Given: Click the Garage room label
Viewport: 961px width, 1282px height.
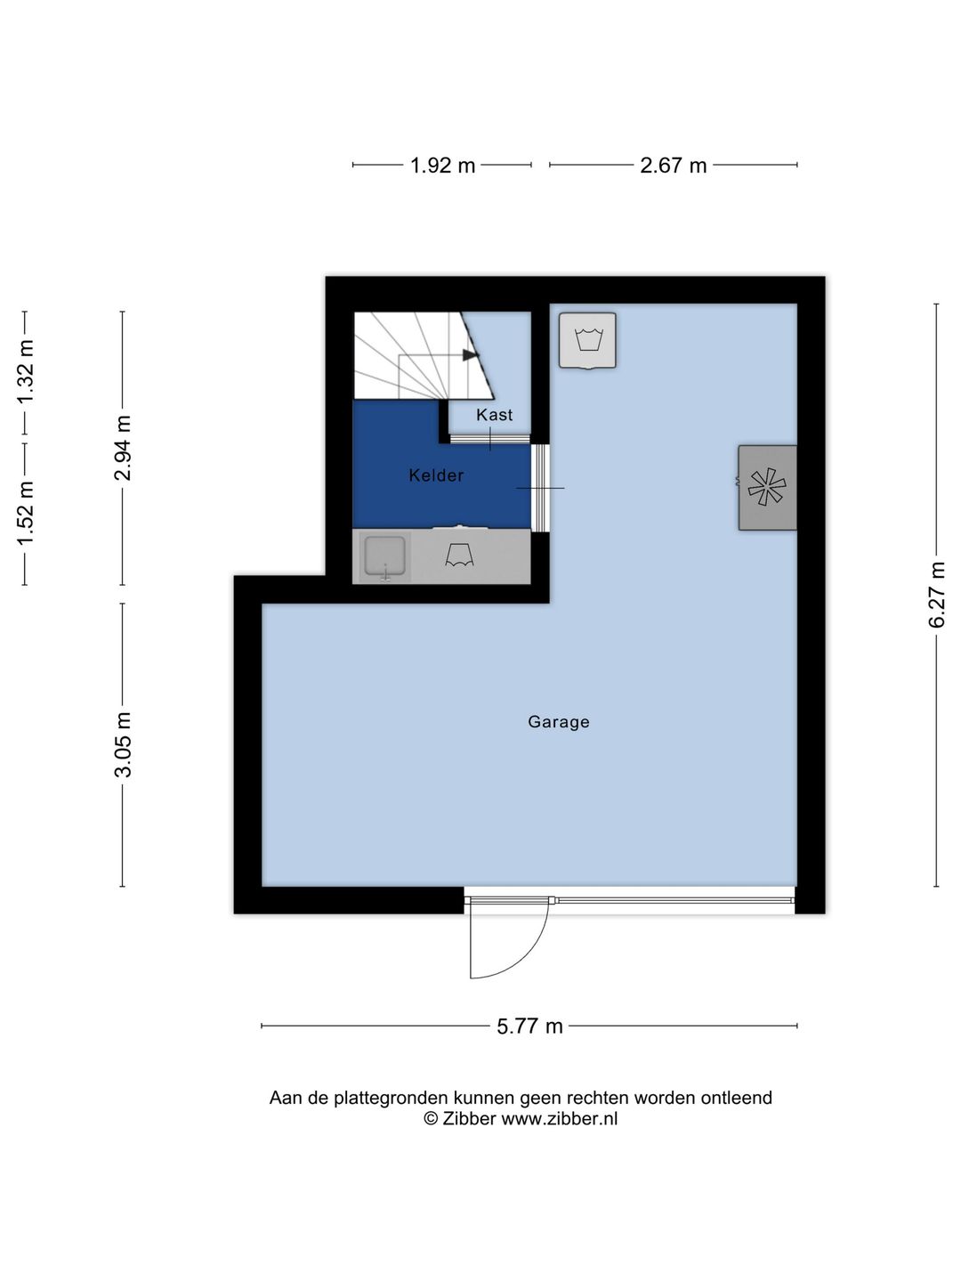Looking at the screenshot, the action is tap(559, 723).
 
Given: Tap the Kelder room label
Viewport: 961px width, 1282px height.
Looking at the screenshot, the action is tap(436, 475).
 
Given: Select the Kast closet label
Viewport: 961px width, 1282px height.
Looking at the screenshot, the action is tap(494, 415).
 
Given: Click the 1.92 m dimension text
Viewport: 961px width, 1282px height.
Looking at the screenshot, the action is tap(442, 166).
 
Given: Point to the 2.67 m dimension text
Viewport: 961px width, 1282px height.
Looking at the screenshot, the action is tap(673, 166).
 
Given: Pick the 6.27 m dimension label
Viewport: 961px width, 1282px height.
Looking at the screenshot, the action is tap(936, 595).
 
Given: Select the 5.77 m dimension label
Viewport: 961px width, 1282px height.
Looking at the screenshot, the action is tap(529, 1026).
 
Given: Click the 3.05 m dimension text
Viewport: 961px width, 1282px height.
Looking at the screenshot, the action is tap(123, 744).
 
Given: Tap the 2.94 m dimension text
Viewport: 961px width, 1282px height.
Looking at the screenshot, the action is tap(123, 448).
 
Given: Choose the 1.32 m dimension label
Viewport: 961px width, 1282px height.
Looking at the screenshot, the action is tap(26, 371).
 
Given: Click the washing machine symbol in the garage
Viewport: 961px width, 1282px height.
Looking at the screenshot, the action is tap(587, 340).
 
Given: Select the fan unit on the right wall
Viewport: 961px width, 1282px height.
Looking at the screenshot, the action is tap(767, 487).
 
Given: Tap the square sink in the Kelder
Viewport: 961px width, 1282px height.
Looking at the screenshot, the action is tap(384, 556).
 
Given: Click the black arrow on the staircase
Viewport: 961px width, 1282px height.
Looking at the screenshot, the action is tap(470, 354).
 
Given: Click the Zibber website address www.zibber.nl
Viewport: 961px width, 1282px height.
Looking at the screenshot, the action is tap(559, 1118).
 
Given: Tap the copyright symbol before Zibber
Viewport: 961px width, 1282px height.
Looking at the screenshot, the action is tap(430, 1118).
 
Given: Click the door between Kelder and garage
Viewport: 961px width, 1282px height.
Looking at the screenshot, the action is tap(541, 488).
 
